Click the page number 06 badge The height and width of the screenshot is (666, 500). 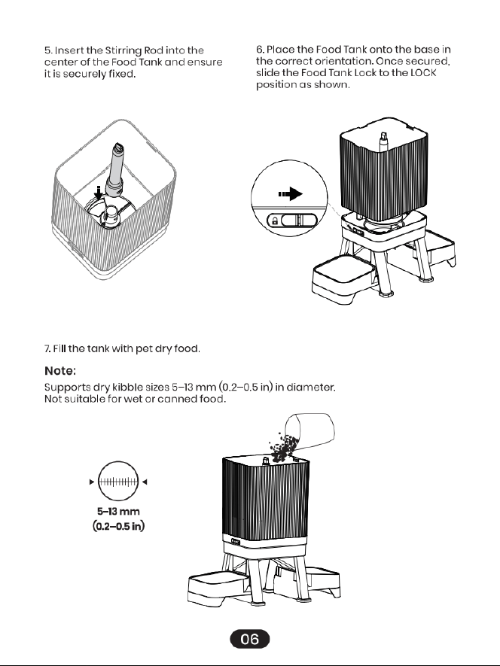tap(249, 639)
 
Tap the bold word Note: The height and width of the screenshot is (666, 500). tap(60, 371)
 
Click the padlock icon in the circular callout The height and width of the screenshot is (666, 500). tap(274, 220)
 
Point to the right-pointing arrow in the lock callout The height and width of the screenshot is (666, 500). tap(291, 194)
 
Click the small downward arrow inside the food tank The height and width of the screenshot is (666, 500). tap(99, 193)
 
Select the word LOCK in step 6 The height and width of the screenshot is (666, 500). tap(423, 73)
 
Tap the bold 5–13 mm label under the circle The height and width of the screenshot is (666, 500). tap(118, 512)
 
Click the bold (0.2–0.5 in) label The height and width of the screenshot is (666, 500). tap(119, 526)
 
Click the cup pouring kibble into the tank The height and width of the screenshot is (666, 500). tap(309, 430)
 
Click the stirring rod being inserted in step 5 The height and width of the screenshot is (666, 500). tap(115, 170)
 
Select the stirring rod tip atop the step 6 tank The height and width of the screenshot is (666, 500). tap(384, 139)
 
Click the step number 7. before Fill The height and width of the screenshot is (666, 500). tap(47, 348)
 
